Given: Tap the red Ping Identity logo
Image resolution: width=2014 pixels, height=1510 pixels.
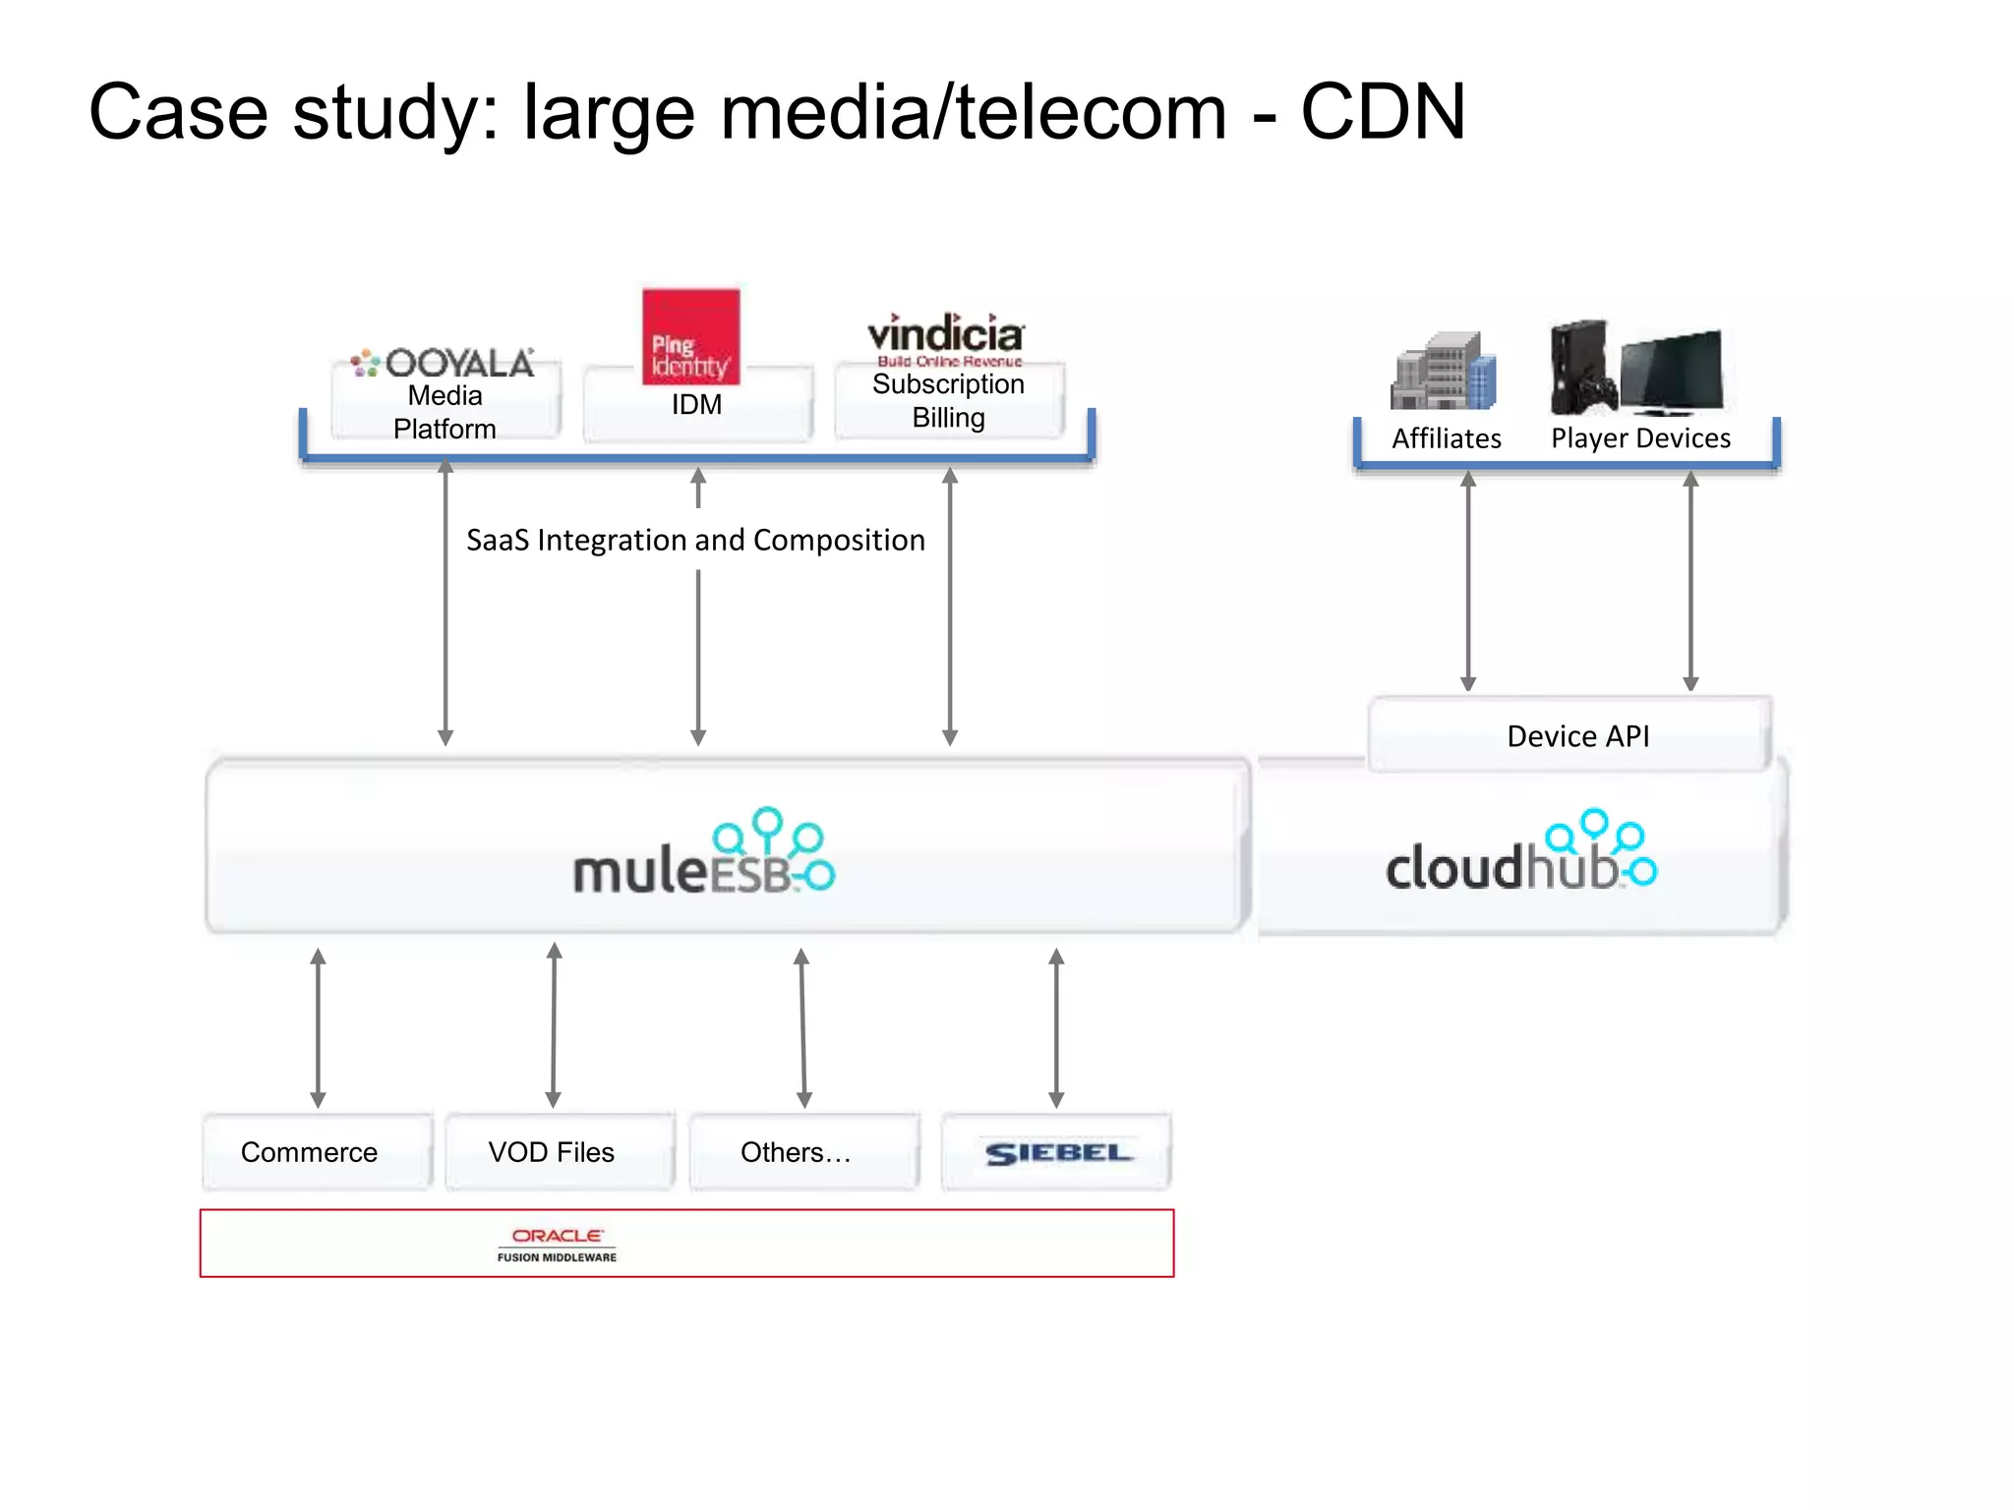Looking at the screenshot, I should click(690, 337).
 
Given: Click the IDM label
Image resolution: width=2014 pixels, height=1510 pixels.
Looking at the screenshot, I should click(696, 404).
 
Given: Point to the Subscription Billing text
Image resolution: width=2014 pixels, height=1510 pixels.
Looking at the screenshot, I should click(948, 400).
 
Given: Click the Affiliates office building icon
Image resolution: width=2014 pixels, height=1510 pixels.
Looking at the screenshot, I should click(1443, 372).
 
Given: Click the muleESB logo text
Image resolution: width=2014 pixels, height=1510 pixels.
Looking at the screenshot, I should click(704, 853).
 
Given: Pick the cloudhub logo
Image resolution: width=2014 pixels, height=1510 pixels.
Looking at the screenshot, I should click(1520, 853).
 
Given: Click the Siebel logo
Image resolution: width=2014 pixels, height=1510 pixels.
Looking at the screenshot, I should click(1057, 1152).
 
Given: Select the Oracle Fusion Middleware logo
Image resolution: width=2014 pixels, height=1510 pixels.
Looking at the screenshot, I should click(557, 1244).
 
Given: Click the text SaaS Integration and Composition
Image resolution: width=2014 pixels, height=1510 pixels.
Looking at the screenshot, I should click(695, 540).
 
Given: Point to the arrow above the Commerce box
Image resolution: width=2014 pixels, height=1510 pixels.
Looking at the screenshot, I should click(318, 1027).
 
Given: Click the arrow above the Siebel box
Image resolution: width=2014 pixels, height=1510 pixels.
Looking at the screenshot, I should click(1056, 1027).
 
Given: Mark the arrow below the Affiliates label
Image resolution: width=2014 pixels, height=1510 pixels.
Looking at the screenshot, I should click(1468, 580).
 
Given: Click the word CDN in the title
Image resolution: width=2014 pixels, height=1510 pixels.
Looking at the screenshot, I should click(1383, 112).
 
